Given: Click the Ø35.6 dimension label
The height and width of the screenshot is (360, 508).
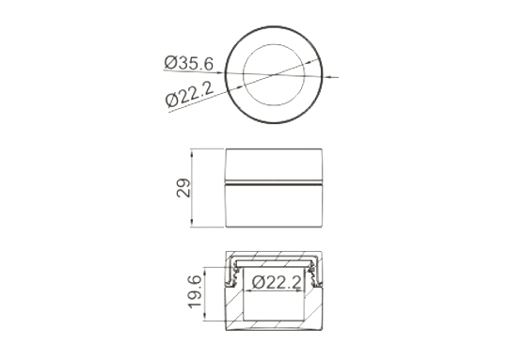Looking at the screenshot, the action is click(x=189, y=63).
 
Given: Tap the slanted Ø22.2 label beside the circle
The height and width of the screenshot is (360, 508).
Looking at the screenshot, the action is click(x=189, y=94).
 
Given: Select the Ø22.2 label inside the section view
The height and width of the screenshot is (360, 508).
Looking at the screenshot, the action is click(x=277, y=282).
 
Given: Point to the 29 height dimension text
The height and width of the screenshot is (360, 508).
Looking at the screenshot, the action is click(x=183, y=188).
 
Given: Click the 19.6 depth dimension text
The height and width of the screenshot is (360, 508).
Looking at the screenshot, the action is click(x=195, y=291).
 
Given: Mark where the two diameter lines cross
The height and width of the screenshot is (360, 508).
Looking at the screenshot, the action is click(x=275, y=75).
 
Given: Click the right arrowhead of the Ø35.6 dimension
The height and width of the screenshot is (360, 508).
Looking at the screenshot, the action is click(x=326, y=77).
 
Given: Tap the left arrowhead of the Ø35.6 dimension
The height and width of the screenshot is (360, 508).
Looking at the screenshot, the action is click(x=222, y=72).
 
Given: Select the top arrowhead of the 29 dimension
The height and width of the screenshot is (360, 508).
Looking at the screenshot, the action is click(x=192, y=153).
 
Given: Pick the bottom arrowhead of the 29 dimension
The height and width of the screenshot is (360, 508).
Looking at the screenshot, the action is click(x=192, y=223).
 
